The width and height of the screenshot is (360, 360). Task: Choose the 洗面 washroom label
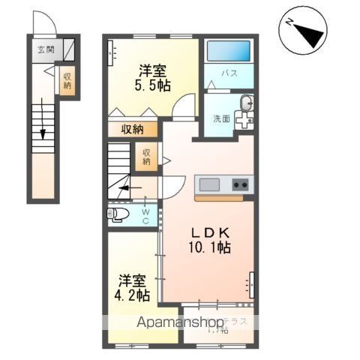pos(220,118)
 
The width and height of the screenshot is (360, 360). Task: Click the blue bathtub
pos(229,51)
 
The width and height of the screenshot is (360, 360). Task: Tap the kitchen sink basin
pos(209,184)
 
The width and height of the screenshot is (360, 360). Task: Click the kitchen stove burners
pos(240,184)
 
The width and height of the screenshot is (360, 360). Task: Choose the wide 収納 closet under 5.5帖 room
pos(132,129)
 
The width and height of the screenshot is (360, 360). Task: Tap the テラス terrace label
pos(241,320)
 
